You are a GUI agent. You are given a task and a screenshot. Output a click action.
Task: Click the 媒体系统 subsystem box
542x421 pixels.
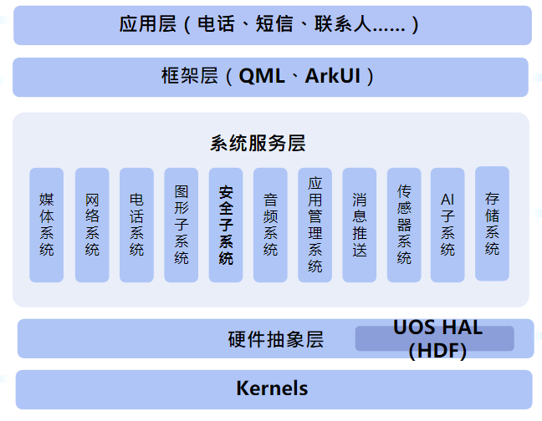click(47, 225)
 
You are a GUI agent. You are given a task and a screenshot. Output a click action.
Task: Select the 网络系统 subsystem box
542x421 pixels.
click(92, 225)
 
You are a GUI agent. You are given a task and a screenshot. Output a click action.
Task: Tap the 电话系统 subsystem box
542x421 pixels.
click(136, 225)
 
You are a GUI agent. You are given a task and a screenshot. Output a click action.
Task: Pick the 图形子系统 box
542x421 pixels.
click(182, 225)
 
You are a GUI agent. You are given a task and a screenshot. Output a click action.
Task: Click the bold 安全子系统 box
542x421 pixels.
click(226, 225)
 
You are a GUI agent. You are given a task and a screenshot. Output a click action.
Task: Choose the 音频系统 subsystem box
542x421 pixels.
click(270, 225)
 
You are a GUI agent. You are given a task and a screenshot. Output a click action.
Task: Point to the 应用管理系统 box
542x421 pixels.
click(315, 225)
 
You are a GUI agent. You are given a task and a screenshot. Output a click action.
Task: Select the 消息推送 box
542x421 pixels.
click(360, 225)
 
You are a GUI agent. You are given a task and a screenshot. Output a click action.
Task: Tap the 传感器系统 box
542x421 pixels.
click(404, 225)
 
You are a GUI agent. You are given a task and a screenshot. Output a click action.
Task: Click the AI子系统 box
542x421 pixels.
click(447, 225)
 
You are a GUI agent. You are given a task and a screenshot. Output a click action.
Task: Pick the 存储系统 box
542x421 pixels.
click(492, 223)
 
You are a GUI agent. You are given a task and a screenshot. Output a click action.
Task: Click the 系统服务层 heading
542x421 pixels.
click(258, 143)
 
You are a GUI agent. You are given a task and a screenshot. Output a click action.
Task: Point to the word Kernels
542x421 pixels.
click(272, 388)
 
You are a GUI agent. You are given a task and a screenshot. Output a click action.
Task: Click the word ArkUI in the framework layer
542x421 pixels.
click(333, 77)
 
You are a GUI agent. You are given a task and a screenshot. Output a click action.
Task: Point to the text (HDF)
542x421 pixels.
click(437, 351)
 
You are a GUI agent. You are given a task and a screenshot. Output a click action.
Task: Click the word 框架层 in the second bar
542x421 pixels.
click(189, 77)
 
